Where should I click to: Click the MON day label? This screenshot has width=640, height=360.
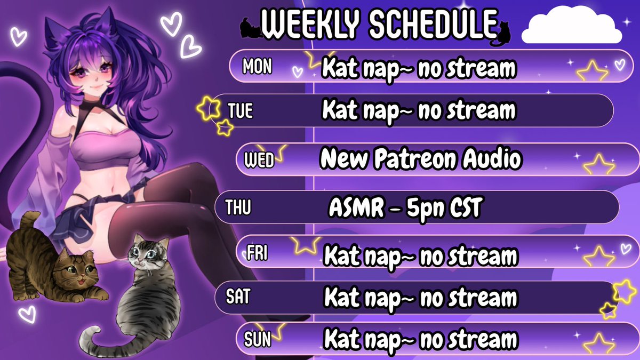[257, 67]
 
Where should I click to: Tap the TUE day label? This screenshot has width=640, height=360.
[240, 111]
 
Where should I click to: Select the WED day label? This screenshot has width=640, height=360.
[258, 159]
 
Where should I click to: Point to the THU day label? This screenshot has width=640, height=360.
[238, 207]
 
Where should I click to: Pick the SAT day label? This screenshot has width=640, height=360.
[237, 297]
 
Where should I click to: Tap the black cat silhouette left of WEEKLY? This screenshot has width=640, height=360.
[251, 28]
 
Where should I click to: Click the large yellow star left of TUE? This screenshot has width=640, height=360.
[207, 108]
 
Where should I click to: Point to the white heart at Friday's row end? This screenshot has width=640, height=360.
[626, 249]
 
